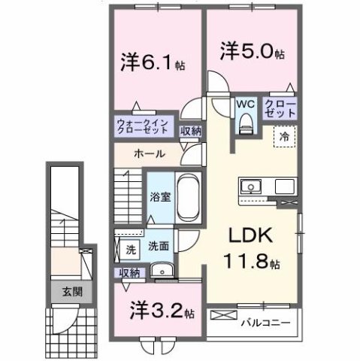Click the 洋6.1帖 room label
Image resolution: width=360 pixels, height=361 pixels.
pyautogui.click(x=154, y=62)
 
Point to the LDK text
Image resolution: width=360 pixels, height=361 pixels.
pyautogui.click(x=253, y=236)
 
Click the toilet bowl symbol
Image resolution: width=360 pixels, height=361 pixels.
pyautogui.click(x=245, y=126)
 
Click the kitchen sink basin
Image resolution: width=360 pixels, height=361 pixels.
pyautogui.click(x=250, y=187)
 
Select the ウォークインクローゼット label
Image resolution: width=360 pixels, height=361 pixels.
pyautogui.click(x=145, y=125)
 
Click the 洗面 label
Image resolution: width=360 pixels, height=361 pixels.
pyautogui.click(x=157, y=245)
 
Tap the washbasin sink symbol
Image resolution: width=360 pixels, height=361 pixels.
pyautogui.click(x=159, y=272)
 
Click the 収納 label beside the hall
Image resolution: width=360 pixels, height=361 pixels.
pyautogui.click(x=191, y=130)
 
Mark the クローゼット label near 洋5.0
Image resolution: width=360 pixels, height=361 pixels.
pyautogui.click(x=279, y=109)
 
